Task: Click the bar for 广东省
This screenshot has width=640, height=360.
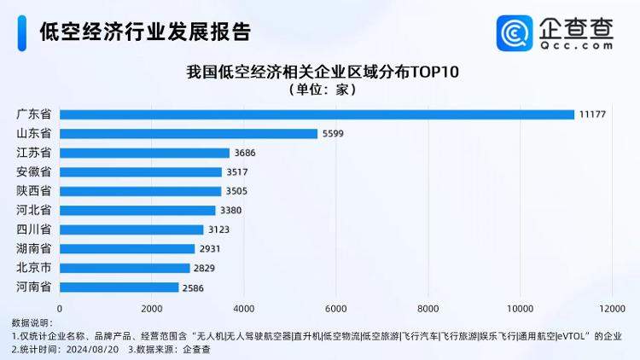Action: click(317, 114)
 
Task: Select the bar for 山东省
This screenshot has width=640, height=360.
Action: click(188, 134)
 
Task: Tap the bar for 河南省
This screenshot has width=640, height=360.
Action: click(119, 287)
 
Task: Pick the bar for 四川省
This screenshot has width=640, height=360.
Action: click(131, 229)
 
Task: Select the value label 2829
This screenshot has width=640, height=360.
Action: click(205, 269)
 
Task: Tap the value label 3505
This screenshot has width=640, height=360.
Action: click(236, 192)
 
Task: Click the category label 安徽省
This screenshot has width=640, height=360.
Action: click(33, 171)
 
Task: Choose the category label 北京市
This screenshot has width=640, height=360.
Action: click(33, 268)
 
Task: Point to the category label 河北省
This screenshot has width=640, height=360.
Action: click(33, 210)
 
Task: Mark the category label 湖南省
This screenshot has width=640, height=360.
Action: click(33, 248)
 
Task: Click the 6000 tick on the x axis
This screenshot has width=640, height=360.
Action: click(335, 308)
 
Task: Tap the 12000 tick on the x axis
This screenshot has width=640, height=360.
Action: click(611, 308)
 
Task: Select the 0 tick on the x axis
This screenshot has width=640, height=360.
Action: click(60, 308)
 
